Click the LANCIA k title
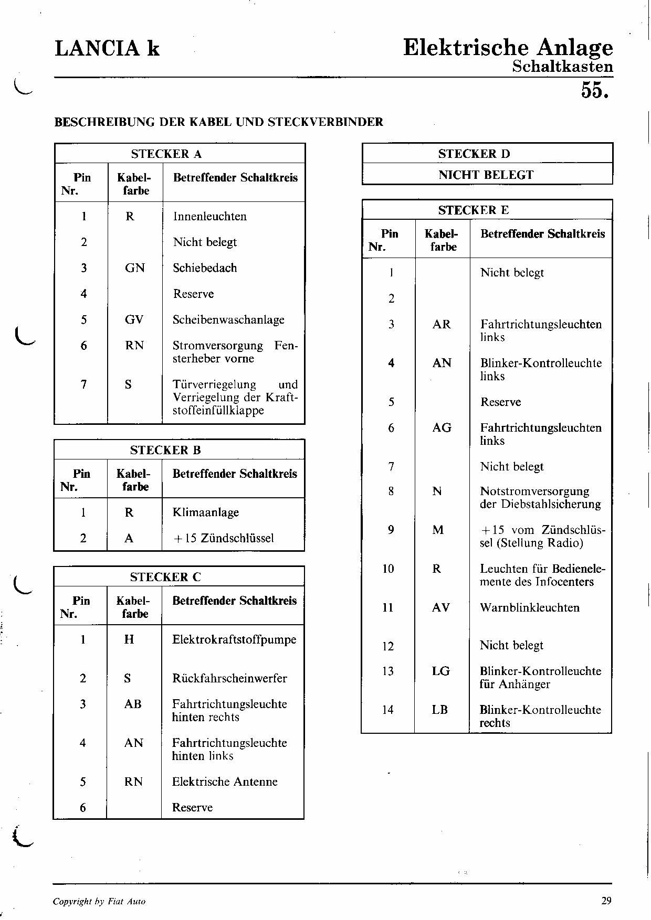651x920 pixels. (107, 49)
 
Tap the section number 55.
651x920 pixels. (596, 90)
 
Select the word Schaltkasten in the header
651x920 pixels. (562, 67)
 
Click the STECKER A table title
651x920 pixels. (166, 154)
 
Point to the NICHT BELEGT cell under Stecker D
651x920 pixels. (486, 175)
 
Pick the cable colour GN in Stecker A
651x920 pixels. (135, 268)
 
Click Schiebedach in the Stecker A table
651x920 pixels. (205, 268)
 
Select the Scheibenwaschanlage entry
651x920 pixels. (228, 320)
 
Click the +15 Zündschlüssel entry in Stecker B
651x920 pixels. (223, 538)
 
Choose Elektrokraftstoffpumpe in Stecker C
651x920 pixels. (234, 639)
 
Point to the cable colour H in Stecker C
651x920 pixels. (129, 639)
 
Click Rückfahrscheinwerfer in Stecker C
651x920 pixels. (229, 678)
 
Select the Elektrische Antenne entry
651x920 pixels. (225, 782)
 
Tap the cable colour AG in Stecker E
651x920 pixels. (442, 428)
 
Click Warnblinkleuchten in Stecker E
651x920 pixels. (530, 607)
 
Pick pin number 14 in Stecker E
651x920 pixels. (388, 710)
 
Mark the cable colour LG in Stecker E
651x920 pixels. (441, 671)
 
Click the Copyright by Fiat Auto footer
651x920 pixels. (99, 901)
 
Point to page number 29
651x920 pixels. (606, 901)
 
